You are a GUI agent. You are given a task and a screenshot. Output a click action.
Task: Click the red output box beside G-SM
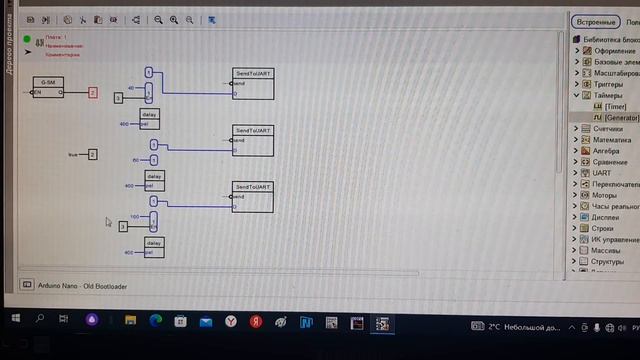pyautogui.click(x=92, y=92)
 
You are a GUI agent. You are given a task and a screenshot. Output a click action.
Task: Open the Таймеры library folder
pyautogui.click(x=608, y=95)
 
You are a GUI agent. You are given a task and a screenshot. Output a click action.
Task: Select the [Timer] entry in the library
pyautogui.click(x=615, y=106)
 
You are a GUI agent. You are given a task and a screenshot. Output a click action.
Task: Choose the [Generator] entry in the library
pyautogui.click(x=620, y=117)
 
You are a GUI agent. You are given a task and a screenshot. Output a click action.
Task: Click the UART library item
pyautogui.click(x=602, y=173)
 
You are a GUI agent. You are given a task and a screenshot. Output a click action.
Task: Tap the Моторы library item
pyautogui.click(x=604, y=195)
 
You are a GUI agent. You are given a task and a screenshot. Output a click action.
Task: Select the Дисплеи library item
pyautogui.click(x=606, y=217)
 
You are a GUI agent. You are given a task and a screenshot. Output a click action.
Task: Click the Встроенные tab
pyautogui.click(x=597, y=21)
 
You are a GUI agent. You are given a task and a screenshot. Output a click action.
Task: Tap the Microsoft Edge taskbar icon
pyautogui.click(x=155, y=321)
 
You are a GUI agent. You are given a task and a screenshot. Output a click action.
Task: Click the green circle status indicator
pyautogui.click(x=27, y=39)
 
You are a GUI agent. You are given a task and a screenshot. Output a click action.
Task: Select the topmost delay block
pyautogui.click(x=150, y=119)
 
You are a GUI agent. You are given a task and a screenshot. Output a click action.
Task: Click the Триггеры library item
pyautogui.click(x=609, y=84)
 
